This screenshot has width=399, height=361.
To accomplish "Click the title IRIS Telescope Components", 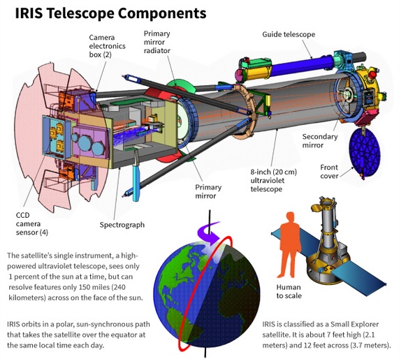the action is [x=110, y=13].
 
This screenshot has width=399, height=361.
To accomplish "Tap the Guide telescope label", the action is [x=289, y=34].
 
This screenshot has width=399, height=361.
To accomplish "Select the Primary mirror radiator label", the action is [x=157, y=42].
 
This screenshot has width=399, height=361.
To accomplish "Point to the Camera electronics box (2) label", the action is [x=107, y=46].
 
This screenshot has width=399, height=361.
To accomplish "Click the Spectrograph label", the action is [x=122, y=225].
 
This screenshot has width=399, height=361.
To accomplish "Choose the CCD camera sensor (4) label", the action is [x=32, y=223].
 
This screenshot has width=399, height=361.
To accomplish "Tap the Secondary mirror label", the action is [x=320, y=141].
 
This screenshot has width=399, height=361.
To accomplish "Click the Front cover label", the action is [x=329, y=172].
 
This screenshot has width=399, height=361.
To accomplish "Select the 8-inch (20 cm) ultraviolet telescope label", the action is [x=273, y=180].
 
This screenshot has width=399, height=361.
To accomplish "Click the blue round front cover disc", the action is [x=365, y=152].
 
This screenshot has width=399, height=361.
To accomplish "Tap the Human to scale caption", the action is [x=289, y=291].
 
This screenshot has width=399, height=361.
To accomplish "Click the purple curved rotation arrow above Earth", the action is [x=209, y=232].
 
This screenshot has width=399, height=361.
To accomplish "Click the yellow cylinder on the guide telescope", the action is [x=258, y=71].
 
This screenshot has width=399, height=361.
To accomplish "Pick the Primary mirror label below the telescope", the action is [x=208, y=191].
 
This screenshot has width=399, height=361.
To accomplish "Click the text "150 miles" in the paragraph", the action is [x=94, y=287].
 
